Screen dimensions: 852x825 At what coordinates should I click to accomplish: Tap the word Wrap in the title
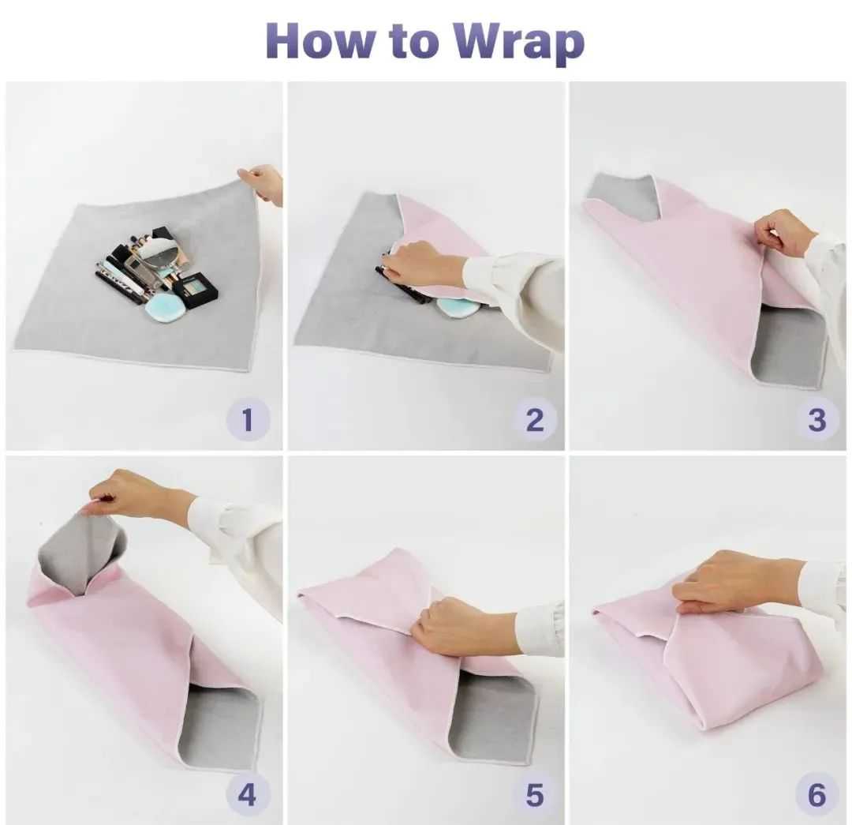(519, 43)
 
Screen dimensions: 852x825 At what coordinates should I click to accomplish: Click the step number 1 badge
(248, 419)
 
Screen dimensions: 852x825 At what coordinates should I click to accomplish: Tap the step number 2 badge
(535, 419)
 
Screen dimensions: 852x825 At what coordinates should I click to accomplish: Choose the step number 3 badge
(816, 419)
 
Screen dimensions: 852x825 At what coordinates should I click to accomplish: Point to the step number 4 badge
(248, 794)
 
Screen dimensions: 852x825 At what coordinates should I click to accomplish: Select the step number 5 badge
(535, 794)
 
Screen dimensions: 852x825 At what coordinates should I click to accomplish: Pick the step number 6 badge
(816, 794)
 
